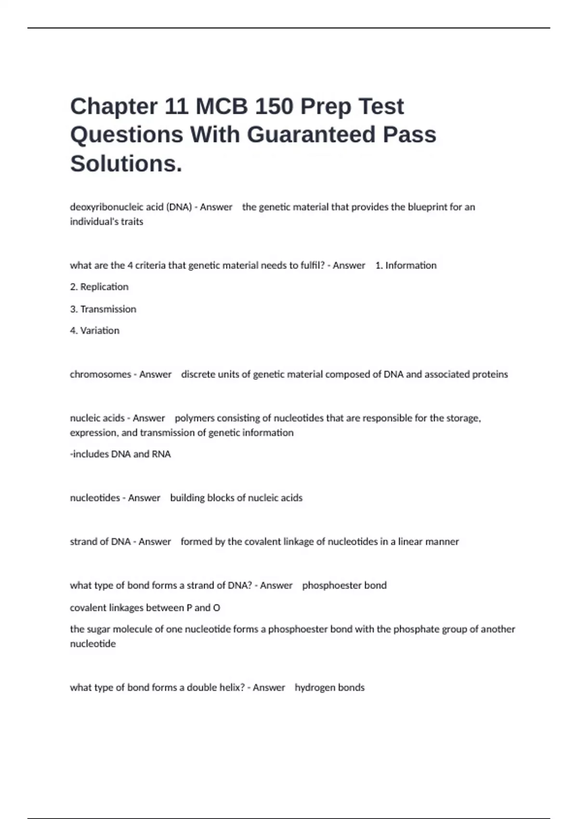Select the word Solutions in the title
click(x=124, y=163)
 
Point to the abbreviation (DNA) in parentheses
click(x=179, y=207)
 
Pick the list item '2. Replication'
click(x=99, y=287)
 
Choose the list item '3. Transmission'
click(x=103, y=309)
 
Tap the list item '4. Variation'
click(x=95, y=330)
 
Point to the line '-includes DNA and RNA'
click(x=120, y=454)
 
